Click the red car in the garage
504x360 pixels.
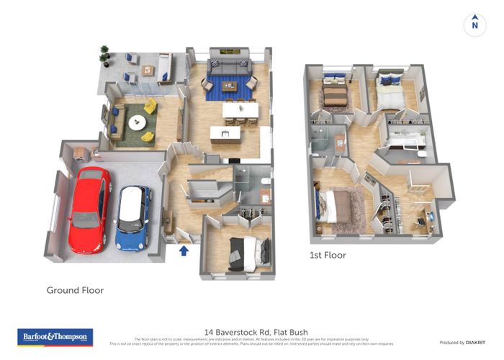click(89, 209)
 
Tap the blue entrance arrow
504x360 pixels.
click(184, 251)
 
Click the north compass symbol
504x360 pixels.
click(474, 24)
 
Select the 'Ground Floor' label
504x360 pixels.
click(75, 290)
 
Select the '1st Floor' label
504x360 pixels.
click(328, 255)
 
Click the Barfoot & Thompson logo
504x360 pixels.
click(55, 336)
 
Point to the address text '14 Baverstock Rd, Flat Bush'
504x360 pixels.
click(252, 328)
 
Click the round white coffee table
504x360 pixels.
click(136, 123)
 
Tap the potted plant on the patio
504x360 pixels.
click(105, 53)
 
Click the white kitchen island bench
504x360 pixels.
click(225, 132)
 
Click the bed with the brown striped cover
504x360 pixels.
click(335, 94)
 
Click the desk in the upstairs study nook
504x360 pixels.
click(423, 216)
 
